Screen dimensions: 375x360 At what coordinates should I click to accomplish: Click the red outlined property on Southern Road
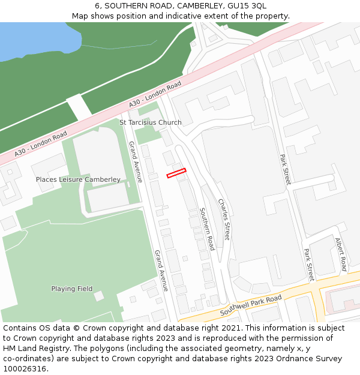coord(176,173)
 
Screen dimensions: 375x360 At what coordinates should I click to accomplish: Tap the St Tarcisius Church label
coord(150,122)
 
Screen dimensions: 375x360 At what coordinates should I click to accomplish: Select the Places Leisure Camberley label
coord(78,179)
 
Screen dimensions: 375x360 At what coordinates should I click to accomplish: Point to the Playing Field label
coord(72,289)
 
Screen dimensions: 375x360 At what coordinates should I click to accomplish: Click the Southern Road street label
coord(207,229)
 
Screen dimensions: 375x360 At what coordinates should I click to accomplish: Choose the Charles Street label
coord(224,218)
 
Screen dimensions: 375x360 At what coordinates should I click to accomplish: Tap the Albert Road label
coord(341,254)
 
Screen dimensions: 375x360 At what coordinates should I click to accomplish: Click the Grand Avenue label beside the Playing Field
coord(161,271)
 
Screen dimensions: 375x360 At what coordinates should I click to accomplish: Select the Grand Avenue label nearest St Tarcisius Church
coord(136,161)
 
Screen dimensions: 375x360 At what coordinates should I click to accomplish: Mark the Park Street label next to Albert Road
coord(309,265)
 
